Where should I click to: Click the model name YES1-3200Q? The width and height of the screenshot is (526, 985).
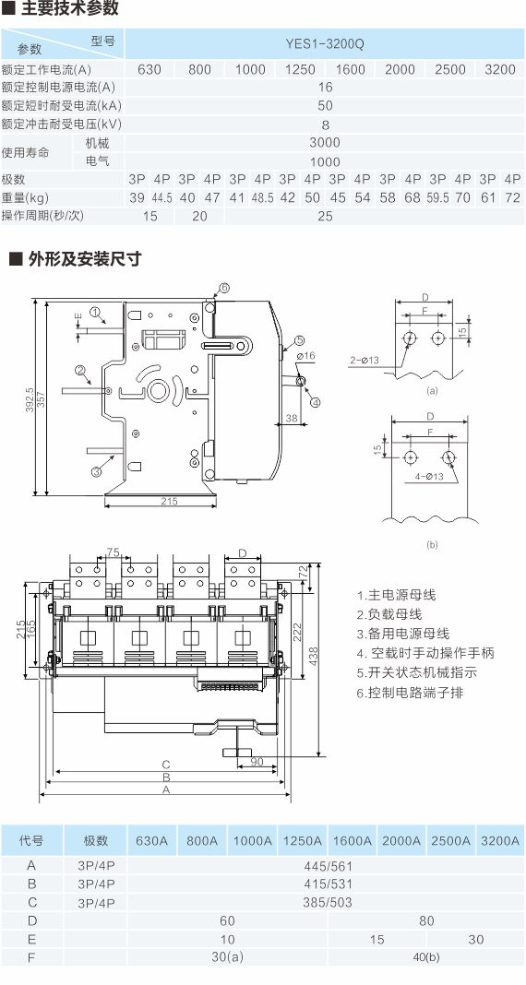tap(325, 44)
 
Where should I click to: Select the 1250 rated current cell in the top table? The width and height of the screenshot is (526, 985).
tap(300, 69)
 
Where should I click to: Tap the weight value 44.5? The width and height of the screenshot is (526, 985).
tap(161, 198)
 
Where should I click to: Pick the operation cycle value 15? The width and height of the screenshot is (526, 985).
tap(149, 216)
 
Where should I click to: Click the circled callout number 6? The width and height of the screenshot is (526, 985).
tap(224, 289)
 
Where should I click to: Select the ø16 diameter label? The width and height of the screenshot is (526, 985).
tap(305, 356)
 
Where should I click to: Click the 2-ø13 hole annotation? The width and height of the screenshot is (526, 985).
tap(363, 360)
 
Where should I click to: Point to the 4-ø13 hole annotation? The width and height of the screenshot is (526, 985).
tap(429, 476)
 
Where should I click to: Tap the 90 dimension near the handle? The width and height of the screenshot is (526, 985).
tap(257, 762)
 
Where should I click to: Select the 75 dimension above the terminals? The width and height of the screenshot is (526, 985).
tap(114, 552)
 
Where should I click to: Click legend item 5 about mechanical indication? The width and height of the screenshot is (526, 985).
tap(417, 672)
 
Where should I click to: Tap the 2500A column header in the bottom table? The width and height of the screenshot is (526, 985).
tap(450, 840)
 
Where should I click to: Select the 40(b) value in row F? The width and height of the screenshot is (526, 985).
tap(426, 958)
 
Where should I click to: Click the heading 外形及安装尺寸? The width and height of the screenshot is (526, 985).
tap(85, 258)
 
